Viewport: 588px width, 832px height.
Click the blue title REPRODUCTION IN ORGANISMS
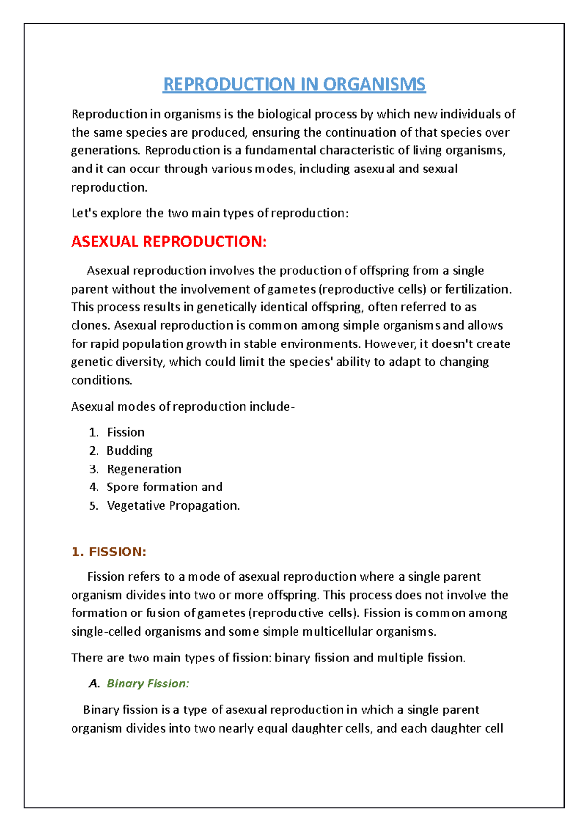click(x=294, y=84)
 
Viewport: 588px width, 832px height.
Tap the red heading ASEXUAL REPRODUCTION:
click(x=169, y=242)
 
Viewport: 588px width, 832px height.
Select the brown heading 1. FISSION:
click(x=108, y=552)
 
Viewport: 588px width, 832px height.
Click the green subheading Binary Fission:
click(x=147, y=684)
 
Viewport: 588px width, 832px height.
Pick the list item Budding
click(x=129, y=450)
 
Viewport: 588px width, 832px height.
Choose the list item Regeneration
click(x=144, y=469)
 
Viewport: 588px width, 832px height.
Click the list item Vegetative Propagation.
click(x=173, y=505)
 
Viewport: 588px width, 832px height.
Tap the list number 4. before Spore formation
click(x=94, y=487)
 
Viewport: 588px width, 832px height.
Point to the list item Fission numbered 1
click(x=125, y=432)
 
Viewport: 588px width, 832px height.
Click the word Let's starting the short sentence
click(x=84, y=213)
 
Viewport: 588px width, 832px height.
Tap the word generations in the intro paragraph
click(x=105, y=150)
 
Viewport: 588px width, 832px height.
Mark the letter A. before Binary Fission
click(x=94, y=684)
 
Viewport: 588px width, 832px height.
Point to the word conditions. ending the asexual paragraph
click(x=101, y=380)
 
